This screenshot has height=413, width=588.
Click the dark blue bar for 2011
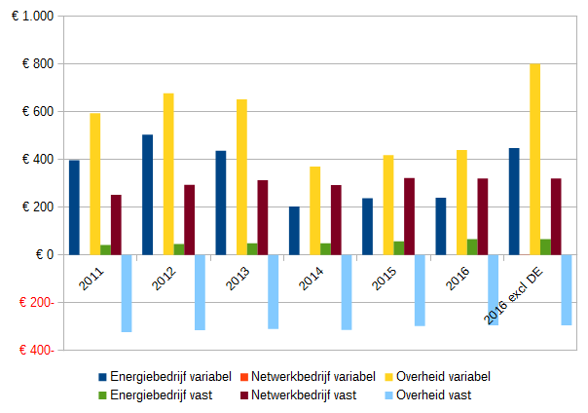point(74,207)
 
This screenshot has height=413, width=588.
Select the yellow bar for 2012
point(168,174)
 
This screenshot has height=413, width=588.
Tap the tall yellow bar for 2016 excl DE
point(534,159)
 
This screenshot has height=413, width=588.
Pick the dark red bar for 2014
point(336,220)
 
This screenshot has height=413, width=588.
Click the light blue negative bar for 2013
point(274,291)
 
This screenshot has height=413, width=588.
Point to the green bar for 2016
point(472,246)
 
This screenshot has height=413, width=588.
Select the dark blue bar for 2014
point(294,231)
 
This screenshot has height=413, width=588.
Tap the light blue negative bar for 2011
point(127,293)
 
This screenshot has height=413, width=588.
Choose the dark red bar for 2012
point(190,220)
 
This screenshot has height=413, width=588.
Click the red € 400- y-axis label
point(32,350)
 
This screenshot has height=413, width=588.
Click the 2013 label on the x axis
point(238,278)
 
